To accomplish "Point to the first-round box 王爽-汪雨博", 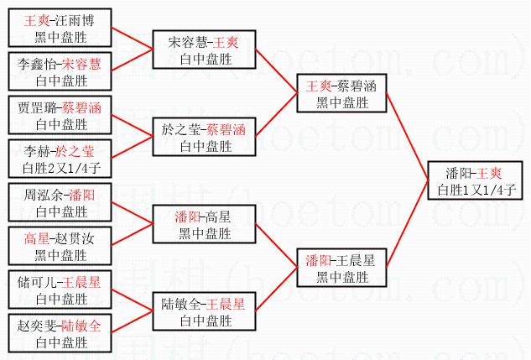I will point(60,28).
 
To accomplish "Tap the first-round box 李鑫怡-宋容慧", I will point(60,71).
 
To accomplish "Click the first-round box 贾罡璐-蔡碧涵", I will point(60,115).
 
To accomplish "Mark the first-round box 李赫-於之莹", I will point(60,159).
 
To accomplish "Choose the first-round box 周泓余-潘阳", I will point(60,202).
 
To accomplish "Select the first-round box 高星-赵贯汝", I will point(60,246).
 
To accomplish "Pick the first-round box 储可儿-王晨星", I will point(60,290).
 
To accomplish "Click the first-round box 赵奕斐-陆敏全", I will point(60,333).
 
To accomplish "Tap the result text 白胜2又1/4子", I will point(60,168).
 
